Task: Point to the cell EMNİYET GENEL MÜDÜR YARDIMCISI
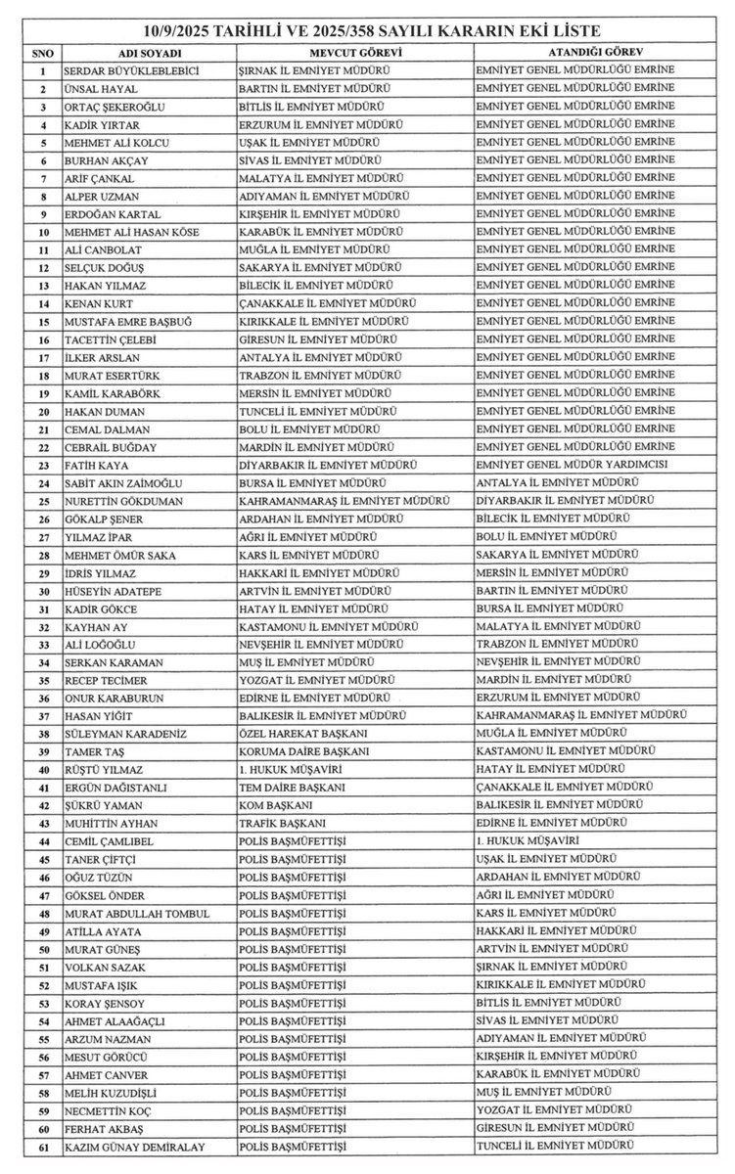pyautogui.click(x=572, y=465)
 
